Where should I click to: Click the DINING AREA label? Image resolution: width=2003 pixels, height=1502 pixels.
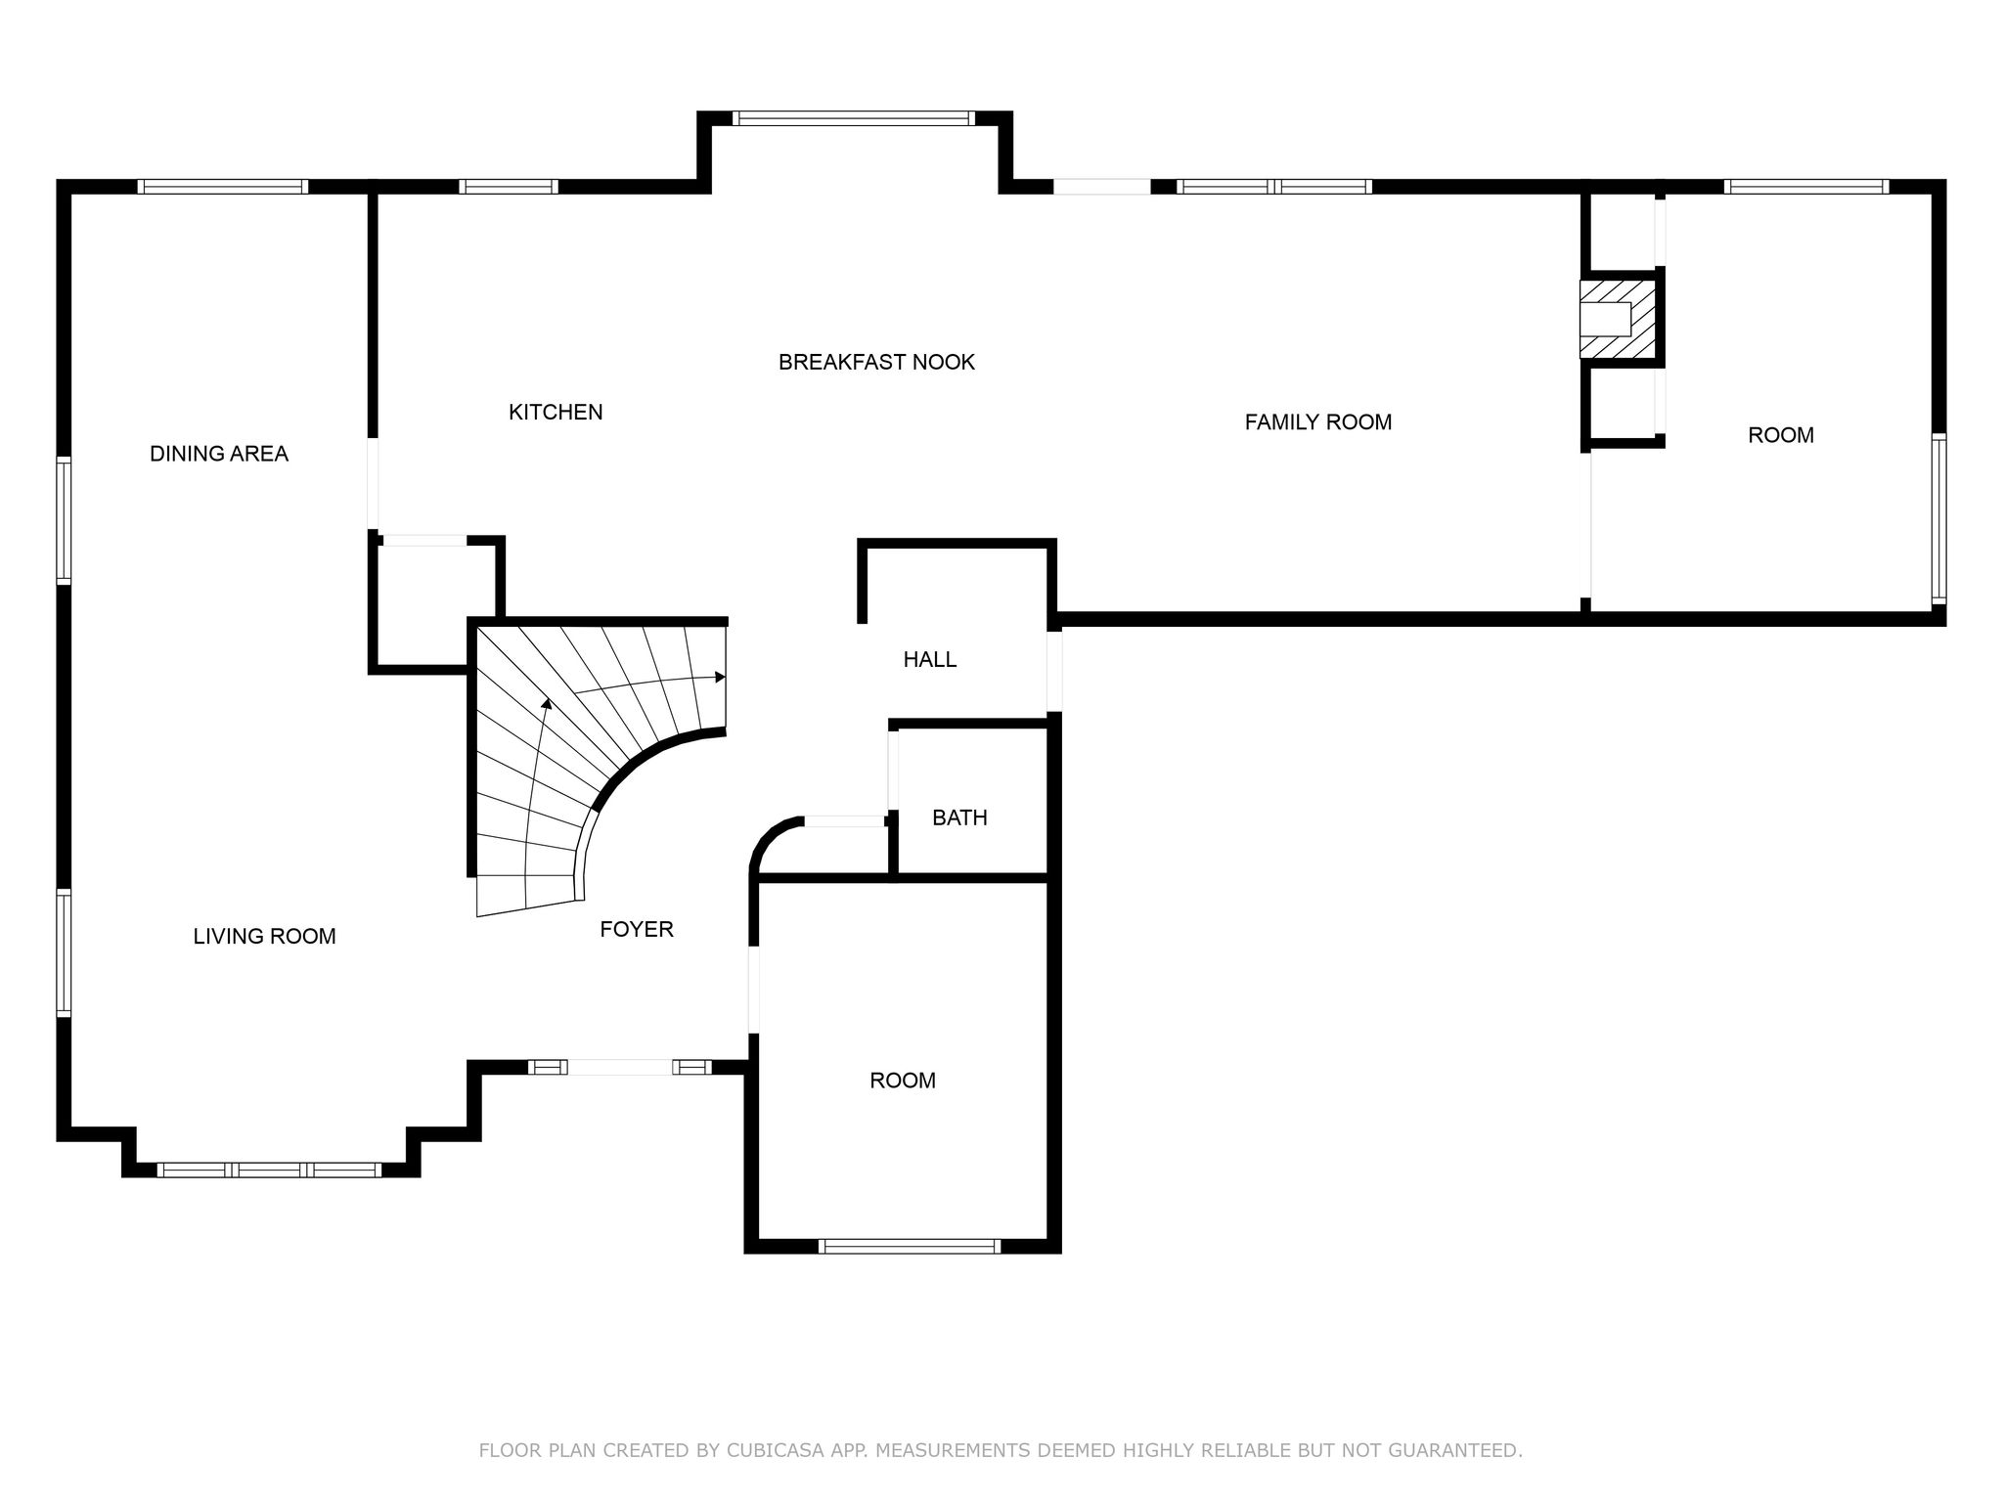[219, 454]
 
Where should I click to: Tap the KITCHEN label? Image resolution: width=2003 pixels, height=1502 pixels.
[556, 413]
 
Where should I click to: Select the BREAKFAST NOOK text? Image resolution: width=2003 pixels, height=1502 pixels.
[876, 363]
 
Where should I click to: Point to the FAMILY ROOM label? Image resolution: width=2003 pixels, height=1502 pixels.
[1318, 422]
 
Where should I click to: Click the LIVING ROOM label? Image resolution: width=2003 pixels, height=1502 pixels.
[265, 937]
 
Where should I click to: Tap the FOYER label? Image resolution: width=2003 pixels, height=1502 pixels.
[637, 929]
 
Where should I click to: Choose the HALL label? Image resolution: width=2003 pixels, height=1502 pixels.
[930, 660]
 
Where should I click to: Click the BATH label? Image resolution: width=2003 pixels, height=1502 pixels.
[959, 817]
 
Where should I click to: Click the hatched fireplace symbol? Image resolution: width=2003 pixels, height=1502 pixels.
[1618, 320]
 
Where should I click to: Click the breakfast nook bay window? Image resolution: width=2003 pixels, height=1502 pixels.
[854, 118]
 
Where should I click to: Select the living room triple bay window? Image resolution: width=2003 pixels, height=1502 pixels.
[269, 1170]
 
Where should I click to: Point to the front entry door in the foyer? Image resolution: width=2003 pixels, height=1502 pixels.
[620, 1067]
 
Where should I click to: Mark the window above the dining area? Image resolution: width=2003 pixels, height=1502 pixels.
[223, 187]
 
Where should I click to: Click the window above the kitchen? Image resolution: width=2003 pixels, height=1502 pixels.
[509, 187]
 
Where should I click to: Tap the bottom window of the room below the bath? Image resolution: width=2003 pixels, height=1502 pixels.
[910, 1246]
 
